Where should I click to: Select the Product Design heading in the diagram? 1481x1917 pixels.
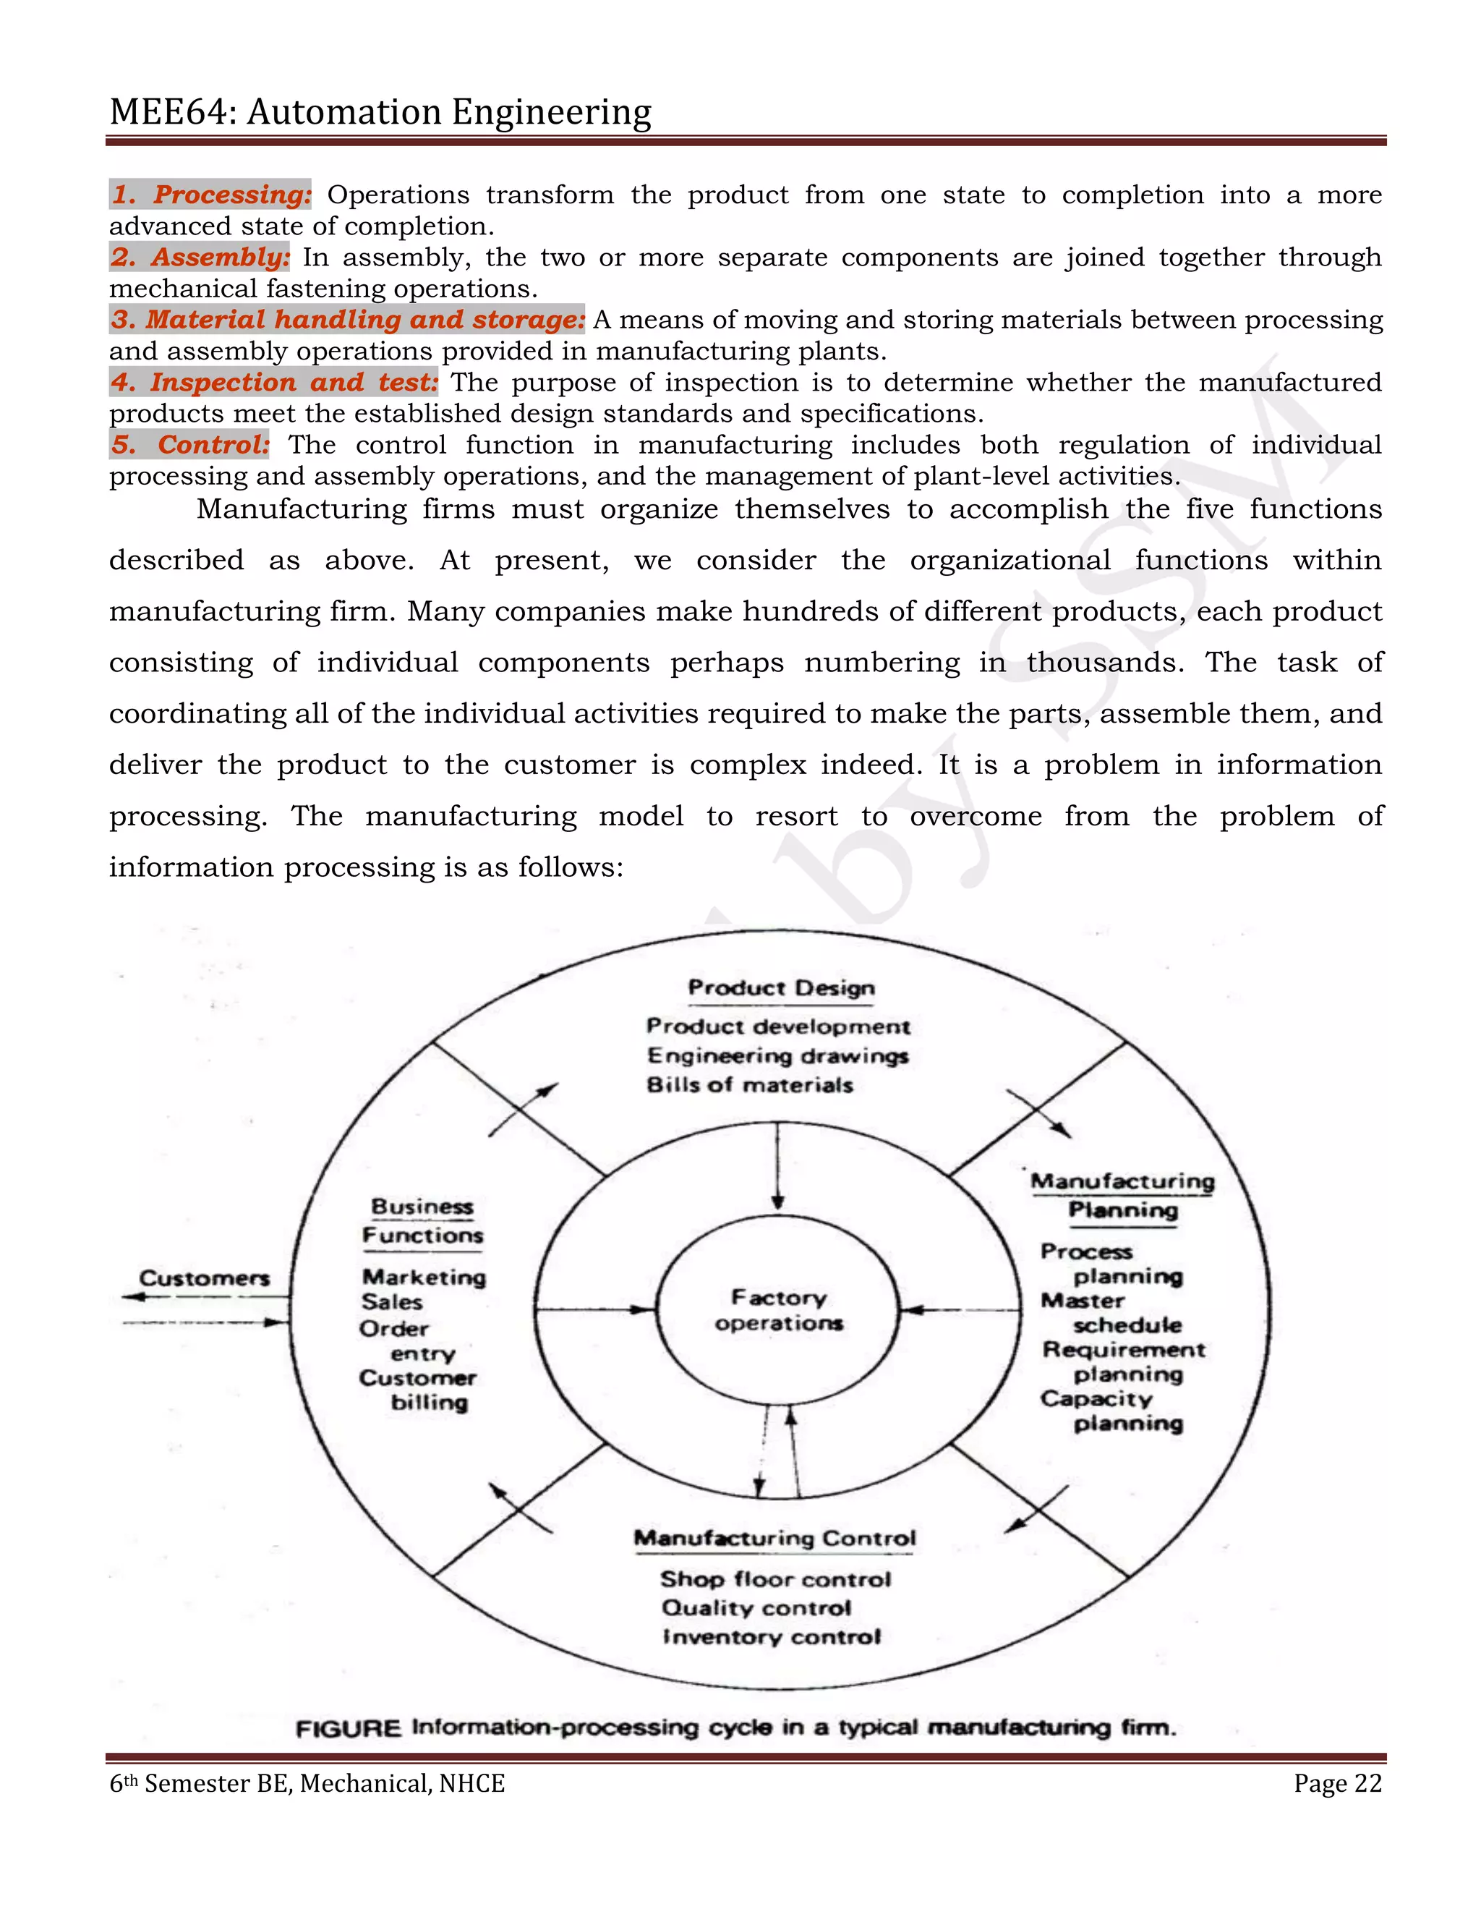[x=781, y=988]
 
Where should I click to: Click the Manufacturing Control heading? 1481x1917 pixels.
[x=774, y=1539]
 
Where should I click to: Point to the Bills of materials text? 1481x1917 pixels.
[x=749, y=1085]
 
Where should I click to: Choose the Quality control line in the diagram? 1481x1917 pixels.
[x=756, y=1608]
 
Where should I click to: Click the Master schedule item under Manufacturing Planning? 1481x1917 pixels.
[x=1111, y=1313]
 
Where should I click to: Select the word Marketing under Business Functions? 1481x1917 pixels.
[x=424, y=1277]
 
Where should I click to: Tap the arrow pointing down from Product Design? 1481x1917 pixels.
[x=777, y=1168]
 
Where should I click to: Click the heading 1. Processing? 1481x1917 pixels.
[x=210, y=194]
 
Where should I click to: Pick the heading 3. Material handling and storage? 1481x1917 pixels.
[x=347, y=320]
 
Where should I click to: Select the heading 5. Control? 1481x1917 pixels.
[x=189, y=444]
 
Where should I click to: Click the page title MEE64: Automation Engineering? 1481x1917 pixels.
[x=380, y=112]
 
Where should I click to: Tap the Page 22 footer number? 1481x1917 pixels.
[x=1337, y=1784]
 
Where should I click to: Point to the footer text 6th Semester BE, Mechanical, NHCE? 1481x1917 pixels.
[x=307, y=1784]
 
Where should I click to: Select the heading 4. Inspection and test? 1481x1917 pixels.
[x=274, y=382]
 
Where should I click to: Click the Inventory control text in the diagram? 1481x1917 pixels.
[x=771, y=1637]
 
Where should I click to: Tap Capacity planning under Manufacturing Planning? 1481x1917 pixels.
[x=1111, y=1411]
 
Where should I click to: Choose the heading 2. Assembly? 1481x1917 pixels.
[x=200, y=258]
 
